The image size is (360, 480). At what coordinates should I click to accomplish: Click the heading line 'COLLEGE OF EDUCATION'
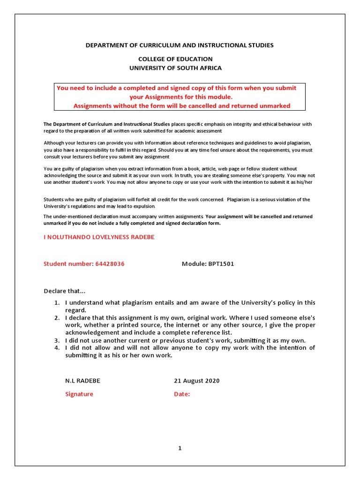(175, 59)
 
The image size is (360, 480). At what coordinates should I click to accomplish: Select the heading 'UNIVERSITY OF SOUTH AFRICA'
(175, 68)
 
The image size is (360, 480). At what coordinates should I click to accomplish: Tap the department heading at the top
(179, 45)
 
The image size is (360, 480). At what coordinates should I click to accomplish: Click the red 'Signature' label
(79, 394)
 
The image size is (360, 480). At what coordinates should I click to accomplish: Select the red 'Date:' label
(182, 394)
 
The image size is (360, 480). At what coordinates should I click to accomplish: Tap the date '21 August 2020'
(196, 381)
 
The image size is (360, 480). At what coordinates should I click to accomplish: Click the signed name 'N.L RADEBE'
(82, 381)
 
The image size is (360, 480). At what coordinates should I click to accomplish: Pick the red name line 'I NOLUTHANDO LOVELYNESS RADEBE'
(99, 237)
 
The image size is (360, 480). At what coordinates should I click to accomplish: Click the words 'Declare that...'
(65, 291)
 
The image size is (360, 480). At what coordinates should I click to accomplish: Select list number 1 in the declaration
(56, 303)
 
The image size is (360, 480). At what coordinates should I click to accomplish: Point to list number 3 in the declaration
(56, 340)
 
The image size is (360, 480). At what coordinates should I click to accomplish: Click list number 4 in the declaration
(56, 348)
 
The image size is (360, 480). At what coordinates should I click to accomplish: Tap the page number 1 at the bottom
(180, 448)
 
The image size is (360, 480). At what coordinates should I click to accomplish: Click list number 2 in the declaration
(56, 318)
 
